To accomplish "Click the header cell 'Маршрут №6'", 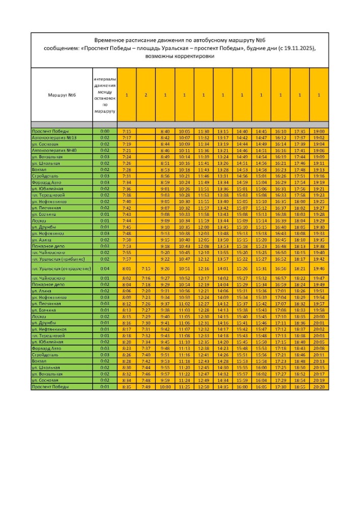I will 62,95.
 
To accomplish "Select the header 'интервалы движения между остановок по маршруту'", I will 105,95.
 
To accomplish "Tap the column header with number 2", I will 146,95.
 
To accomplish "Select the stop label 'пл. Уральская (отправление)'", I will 61,268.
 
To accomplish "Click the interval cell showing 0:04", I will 105,268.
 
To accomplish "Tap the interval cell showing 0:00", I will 105,131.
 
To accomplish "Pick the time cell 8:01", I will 127,268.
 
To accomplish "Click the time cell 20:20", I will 319,387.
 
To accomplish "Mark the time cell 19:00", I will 319,131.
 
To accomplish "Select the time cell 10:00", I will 165,387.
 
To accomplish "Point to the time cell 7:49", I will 146,387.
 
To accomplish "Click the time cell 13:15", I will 223,131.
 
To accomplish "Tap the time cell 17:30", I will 281,387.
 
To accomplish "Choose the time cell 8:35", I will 127,387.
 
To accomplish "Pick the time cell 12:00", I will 204,227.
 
